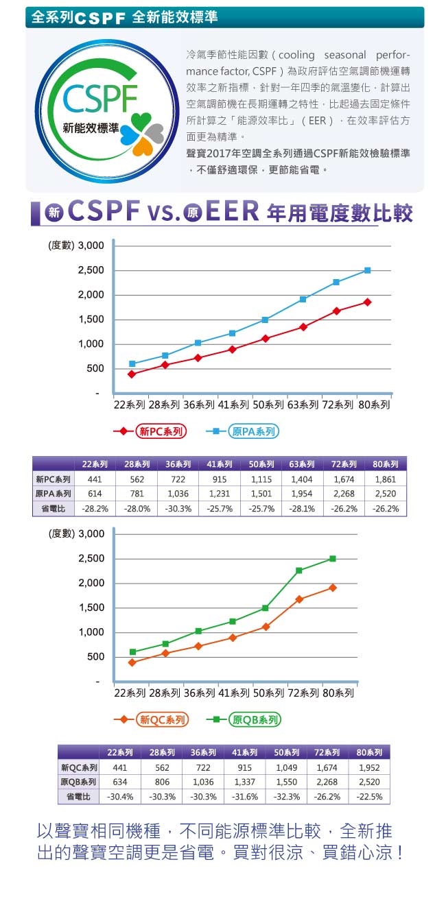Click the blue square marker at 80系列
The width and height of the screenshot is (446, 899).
[367, 270]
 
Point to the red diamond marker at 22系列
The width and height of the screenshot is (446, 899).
[132, 374]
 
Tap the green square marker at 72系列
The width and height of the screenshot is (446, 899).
[299, 571]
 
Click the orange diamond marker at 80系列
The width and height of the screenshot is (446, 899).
[333, 588]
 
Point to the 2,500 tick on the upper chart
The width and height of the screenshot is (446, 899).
[91, 270]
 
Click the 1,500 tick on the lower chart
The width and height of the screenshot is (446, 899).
[91, 608]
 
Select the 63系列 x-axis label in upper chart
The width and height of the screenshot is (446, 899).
[303, 405]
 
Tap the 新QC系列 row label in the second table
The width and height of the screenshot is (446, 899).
[79, 767]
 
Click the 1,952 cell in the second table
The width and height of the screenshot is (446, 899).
[369, 767]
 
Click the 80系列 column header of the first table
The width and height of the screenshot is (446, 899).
[385, 464]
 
